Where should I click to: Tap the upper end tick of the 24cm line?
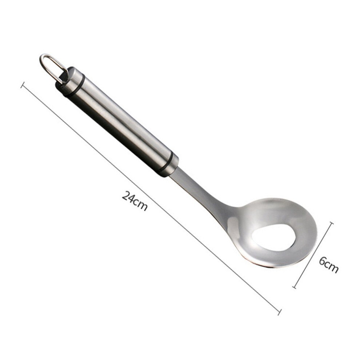click(x=23, y=84)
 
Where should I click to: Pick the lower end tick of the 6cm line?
click(x=294, y=287)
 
